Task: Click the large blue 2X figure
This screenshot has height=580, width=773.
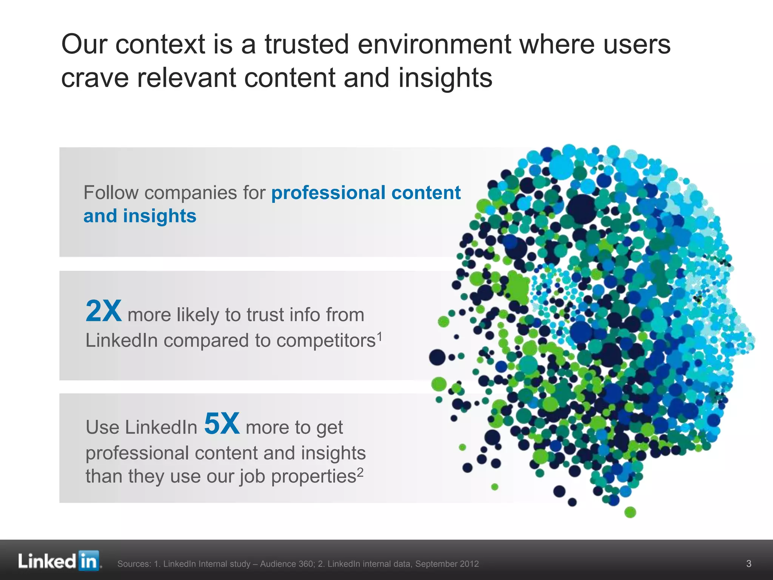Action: tap(103, 311)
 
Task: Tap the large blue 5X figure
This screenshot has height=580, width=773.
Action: tap(222, 423)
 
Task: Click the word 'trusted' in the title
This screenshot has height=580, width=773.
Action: tap(306, 44)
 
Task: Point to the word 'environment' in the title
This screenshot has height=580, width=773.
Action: tap(434, 44)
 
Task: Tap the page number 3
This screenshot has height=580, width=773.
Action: tap(749, 564)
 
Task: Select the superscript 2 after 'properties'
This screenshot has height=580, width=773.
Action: tap(360, 472)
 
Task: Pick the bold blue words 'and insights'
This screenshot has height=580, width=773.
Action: tap(140, 216)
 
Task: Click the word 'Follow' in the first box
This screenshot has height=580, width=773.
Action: tap(111, 193)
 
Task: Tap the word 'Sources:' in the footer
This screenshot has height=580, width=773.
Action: tap(134, 564)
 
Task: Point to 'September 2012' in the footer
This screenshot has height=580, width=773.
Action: tap(447, 564)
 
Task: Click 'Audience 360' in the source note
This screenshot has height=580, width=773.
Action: tap(287, 564)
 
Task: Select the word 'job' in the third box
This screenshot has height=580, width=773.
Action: tap(253, 476)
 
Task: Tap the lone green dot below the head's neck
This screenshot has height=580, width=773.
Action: tap(630, 512)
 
